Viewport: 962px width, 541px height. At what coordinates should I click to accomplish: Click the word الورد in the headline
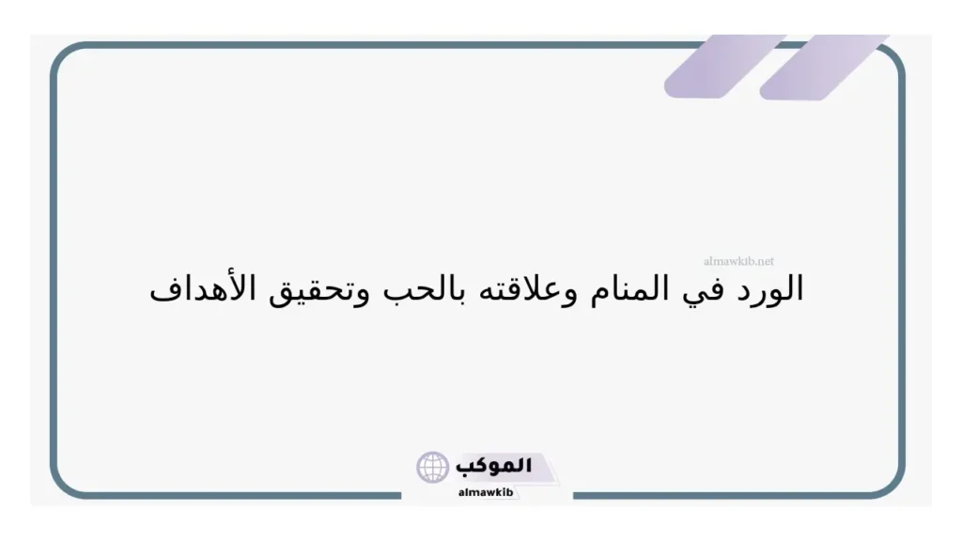click(769, 289)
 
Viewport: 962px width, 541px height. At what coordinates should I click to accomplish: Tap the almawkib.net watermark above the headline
click(738, 261)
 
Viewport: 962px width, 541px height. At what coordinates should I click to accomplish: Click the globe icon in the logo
click(433, 467)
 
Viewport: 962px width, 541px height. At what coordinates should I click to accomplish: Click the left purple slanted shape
click(712, 66)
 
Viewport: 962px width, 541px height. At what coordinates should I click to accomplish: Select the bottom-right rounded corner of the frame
click(892, 484)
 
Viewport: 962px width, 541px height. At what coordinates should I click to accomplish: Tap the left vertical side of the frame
click(53, 272)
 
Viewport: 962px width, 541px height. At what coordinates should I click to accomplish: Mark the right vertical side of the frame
click(903, 272)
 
